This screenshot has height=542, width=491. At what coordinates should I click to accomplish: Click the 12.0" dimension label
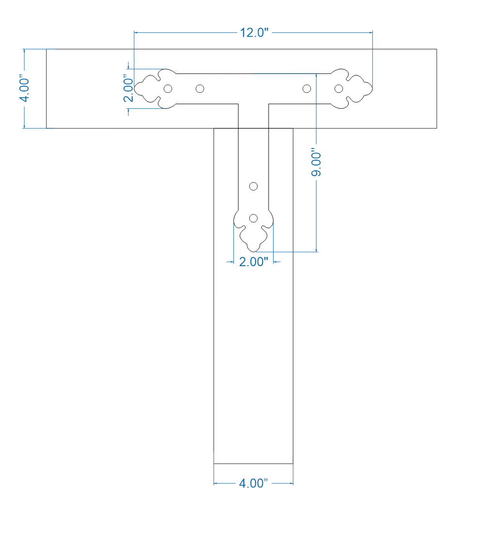254,33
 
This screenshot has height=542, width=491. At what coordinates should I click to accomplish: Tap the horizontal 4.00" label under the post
253,483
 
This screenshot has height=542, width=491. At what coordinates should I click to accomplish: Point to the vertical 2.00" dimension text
128,89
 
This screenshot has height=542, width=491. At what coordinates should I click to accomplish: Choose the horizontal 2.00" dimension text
253,262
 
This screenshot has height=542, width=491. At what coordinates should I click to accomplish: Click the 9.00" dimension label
316,162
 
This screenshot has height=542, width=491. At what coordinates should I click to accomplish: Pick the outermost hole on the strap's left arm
168,89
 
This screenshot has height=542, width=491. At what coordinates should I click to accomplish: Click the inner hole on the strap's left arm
199,89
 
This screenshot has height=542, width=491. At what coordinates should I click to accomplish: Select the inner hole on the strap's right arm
307,89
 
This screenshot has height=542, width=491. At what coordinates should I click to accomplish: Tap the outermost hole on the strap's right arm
339,89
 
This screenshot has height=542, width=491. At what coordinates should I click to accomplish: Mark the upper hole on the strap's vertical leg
253,186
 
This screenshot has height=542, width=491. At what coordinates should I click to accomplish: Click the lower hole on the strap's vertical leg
253,218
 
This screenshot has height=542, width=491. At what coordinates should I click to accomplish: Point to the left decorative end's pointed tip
135,89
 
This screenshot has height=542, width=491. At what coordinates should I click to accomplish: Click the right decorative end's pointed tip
372,89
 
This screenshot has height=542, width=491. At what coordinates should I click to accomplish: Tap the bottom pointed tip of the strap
253,251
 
